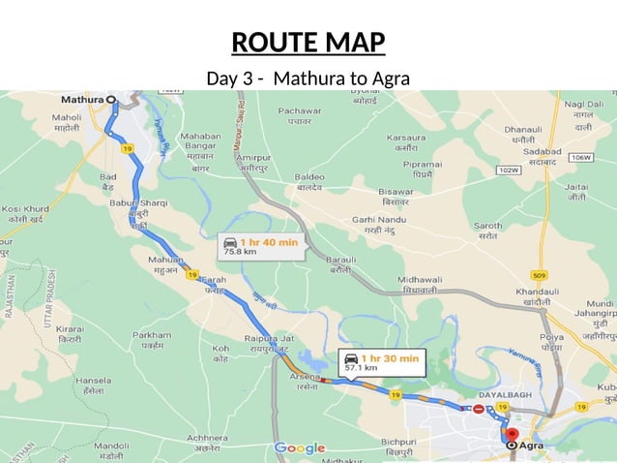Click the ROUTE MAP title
308,43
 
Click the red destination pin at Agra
512,436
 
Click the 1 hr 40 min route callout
260,246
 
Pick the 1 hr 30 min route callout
382,362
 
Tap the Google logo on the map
300,448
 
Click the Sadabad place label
543,153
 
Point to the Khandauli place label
538,292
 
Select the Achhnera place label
207,437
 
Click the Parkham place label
152,335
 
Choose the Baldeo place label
309,177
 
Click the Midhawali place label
419,280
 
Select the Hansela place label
93,381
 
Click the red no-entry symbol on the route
479,409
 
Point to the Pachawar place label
299,110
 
